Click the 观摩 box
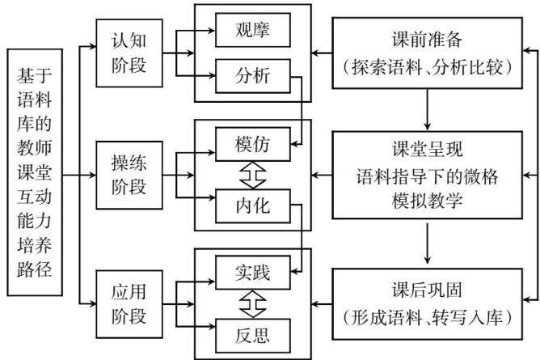253,30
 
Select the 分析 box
253,76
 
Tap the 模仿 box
253,144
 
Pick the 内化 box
253,206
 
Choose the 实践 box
253,273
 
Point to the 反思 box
253,336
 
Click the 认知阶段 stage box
129,53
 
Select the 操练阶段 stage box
129,175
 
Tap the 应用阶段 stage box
129,304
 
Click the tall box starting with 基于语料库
35,172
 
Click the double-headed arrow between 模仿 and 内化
253,175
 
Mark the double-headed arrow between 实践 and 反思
253,304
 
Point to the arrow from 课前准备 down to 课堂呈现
428,109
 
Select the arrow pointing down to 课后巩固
428,244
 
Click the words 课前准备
427,40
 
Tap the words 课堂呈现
427,149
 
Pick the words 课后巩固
427,290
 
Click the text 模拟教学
427,201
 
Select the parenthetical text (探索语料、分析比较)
427,67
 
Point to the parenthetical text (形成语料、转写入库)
427,317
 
